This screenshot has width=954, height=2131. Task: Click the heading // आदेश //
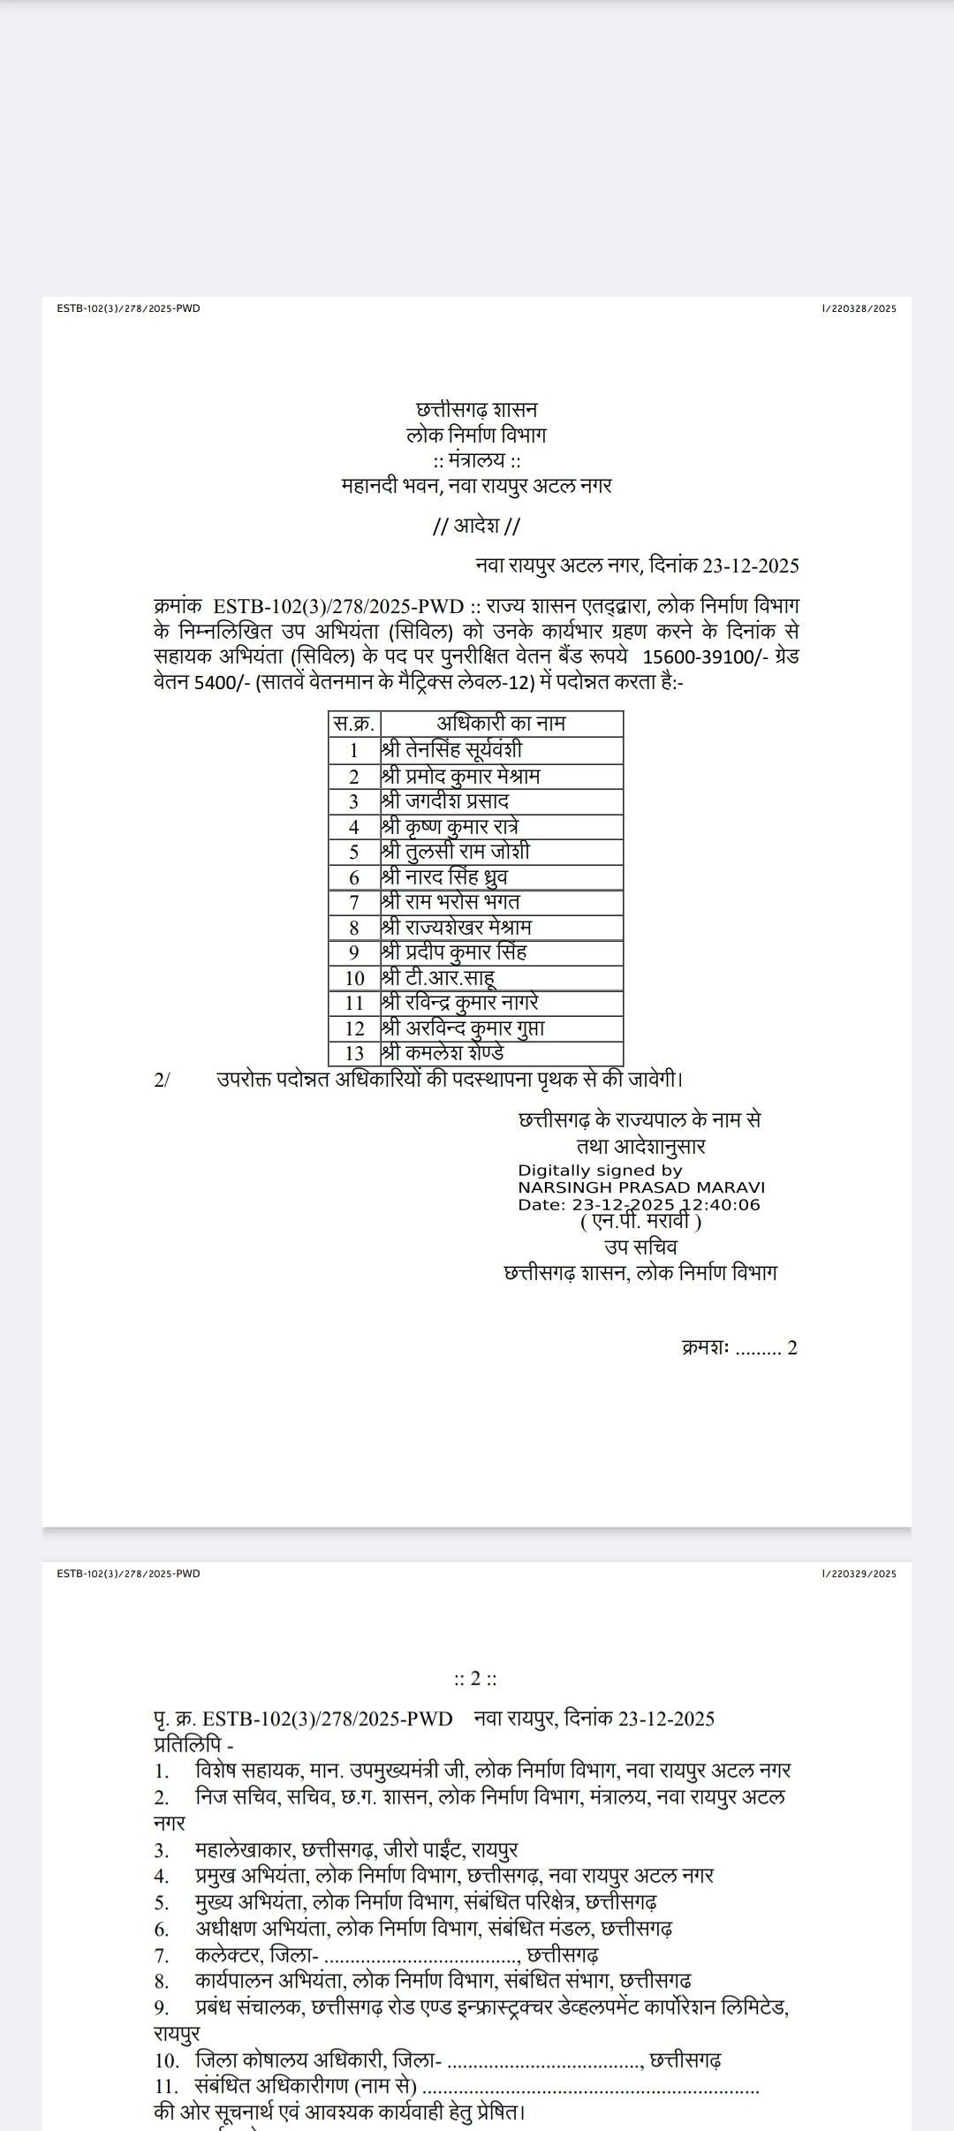coord(476,527)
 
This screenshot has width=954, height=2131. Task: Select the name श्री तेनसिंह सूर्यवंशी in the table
coord(451,750)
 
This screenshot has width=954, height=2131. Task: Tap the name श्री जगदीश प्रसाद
coord(445,801)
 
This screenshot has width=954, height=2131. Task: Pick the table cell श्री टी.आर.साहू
coord(438,978)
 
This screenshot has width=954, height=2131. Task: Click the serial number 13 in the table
coord(354,1054)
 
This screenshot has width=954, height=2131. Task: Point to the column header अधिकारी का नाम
coord(501,724)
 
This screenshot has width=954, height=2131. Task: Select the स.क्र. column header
coord(354,724)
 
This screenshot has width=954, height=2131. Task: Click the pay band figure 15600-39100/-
coord(700,657)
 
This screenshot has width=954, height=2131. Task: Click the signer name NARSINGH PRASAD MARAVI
coord(641,1187)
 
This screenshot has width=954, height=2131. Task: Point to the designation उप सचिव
coord(640,1247)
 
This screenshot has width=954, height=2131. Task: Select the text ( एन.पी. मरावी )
coord(640,1222)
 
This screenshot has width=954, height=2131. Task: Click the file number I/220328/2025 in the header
coord(859,308)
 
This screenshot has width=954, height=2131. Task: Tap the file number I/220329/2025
coord(859,1574)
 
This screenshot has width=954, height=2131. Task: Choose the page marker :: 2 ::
coord(475,1678)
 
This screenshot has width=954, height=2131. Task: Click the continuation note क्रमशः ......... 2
coord(739,1348)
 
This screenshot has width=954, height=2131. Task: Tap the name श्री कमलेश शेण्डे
coord(443,1054)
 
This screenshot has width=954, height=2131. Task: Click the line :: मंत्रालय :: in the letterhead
coord(476,460)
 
